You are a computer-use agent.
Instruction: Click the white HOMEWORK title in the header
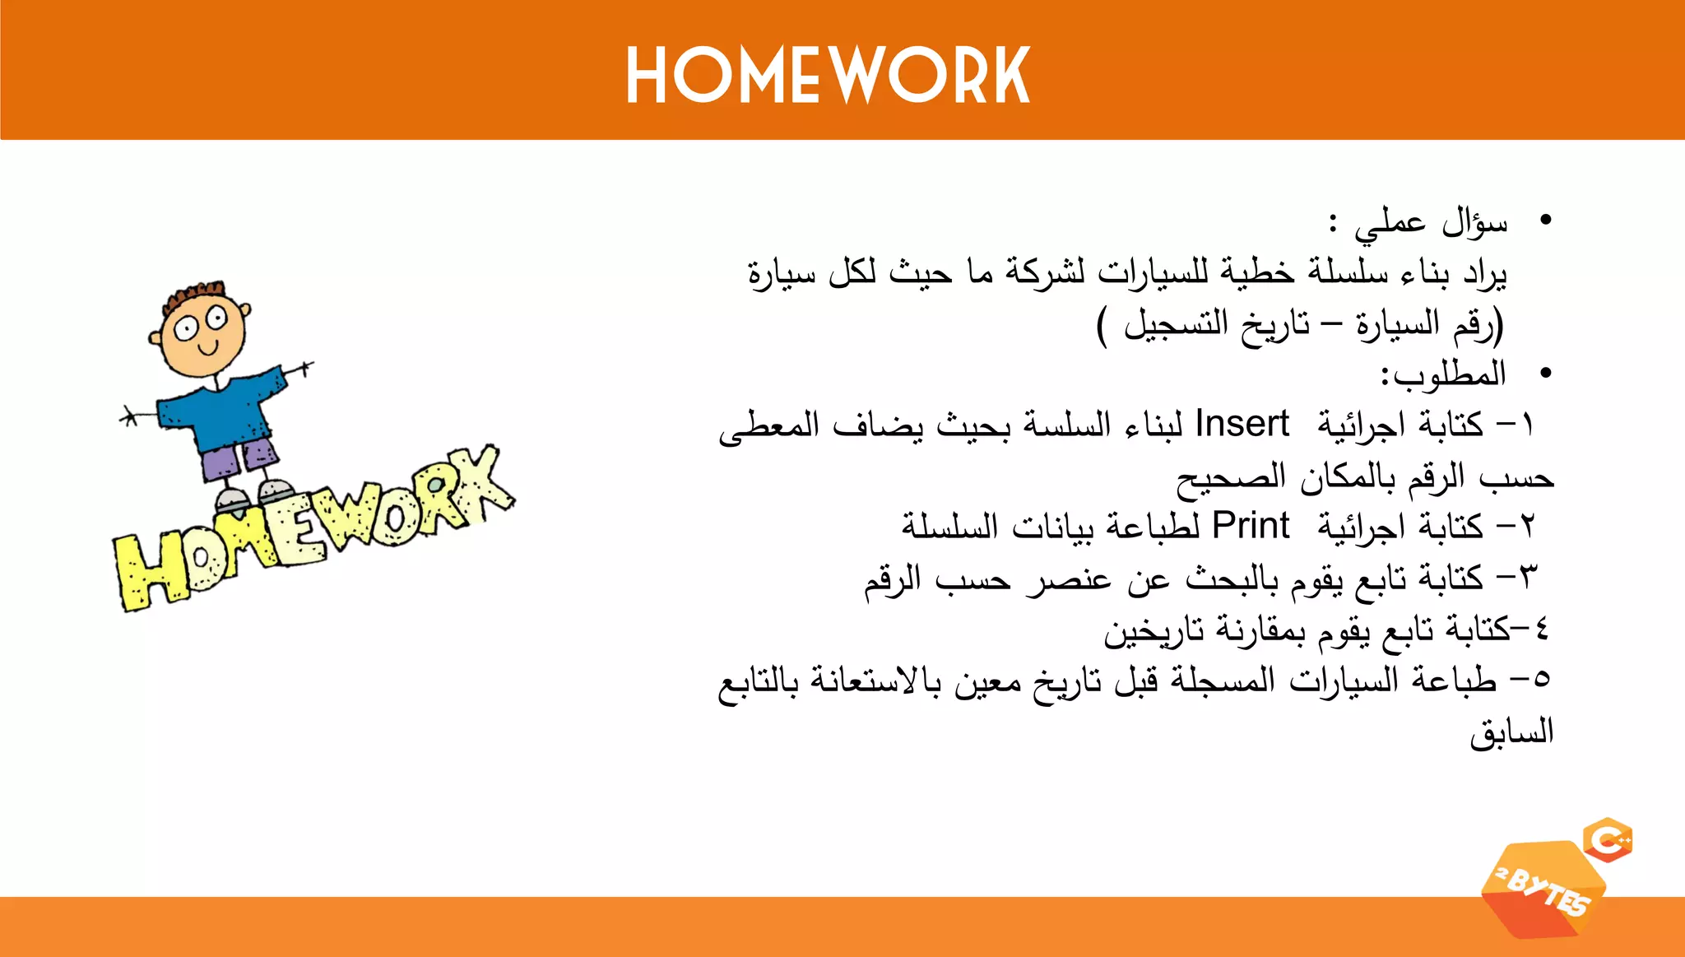(x=828, y=76)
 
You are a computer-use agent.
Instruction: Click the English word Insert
(x=1242, y=425)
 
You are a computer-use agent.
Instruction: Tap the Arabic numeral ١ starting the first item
(x=1527, y=426)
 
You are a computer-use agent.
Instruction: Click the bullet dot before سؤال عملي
(x=1545, y=221)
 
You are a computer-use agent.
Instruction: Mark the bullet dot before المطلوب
(x=1545, y=374)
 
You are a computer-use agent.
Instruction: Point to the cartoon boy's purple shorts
(x=239, y=458)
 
